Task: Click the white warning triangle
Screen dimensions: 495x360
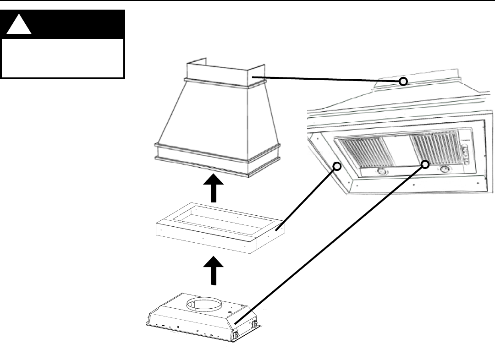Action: [x=19, y=27]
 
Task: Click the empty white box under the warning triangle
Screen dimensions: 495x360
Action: [x=63, y=58]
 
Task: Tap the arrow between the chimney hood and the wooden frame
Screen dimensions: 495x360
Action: [x=214, y=188]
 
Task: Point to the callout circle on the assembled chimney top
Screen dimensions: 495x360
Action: [x=403, y=82]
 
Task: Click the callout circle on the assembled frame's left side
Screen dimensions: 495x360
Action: [x=337, y=166]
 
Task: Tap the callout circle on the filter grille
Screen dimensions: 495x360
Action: [x=425, y=164]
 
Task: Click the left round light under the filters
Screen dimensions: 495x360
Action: [x=381, y=172]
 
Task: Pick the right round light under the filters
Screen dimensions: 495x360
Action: [x=444, y=169]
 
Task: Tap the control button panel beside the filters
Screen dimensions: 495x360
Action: [x=465, y=154]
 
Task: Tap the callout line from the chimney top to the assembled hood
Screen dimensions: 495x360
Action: [x=325, y=79]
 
